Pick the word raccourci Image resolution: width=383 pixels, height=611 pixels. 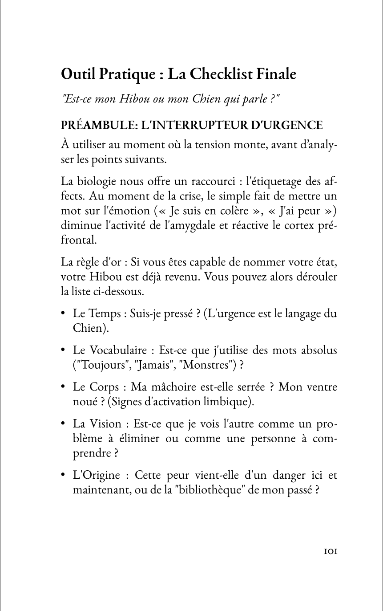pos(209,182)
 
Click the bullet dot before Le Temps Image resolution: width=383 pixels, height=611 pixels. pos(64,314)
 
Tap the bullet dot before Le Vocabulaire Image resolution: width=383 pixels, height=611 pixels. pos(64,350)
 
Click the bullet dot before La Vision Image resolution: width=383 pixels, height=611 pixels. pos(64,424)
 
